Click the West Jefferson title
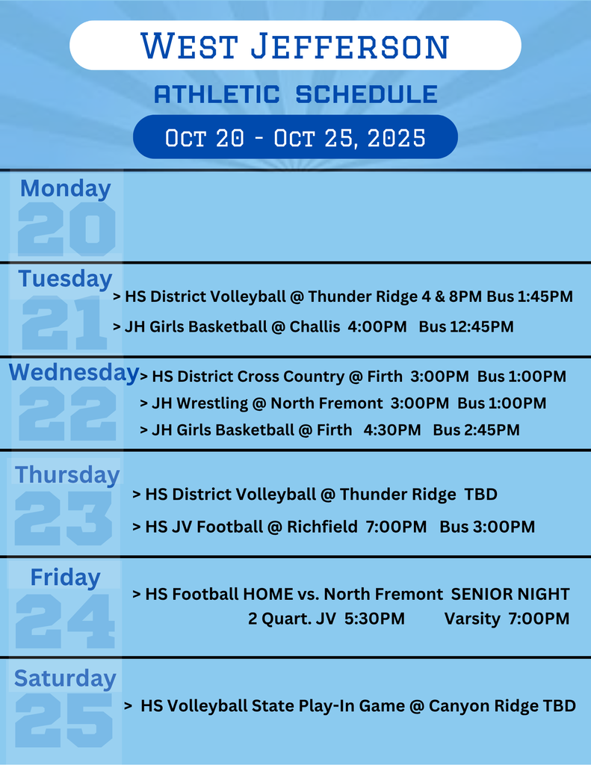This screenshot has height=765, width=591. (295, 46)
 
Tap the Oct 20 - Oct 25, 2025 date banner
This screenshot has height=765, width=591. (295, 137)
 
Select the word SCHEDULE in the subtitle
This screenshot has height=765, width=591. (367, 93)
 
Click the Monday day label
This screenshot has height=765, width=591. (66, 188)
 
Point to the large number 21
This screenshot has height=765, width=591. (64, 323)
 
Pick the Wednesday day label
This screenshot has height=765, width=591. (74, 373)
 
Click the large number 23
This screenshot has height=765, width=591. (64, 518)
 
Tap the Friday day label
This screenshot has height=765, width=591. (66, 577)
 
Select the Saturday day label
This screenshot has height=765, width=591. (65, 678)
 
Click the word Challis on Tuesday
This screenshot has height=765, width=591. (315, 326)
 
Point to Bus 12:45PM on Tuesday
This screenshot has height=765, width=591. (466, 326)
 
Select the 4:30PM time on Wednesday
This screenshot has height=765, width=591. (392, 430)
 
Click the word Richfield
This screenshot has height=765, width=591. (322, 527)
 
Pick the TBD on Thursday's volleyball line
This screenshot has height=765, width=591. (480, 495)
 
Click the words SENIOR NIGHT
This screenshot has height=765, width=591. (510, 594)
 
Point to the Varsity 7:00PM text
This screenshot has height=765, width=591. (507, 619)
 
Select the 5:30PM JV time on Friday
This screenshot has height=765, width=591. (374, 619)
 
